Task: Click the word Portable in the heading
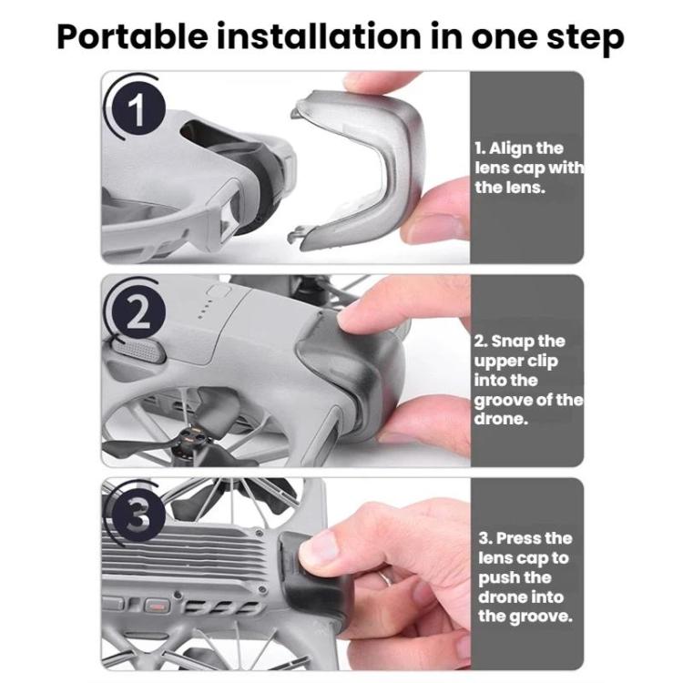[x=132, y=37]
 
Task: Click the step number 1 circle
[x=136, y=109]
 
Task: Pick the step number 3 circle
[x=136, y=516]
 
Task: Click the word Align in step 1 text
[x=512, y=148]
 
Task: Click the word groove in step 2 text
[x=503, y=401]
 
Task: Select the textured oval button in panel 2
[x=138, y=352]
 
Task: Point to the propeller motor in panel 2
[x=190, y=442]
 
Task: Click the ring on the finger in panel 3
[x=385, y=577]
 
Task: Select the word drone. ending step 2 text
[x=501, y=419]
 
